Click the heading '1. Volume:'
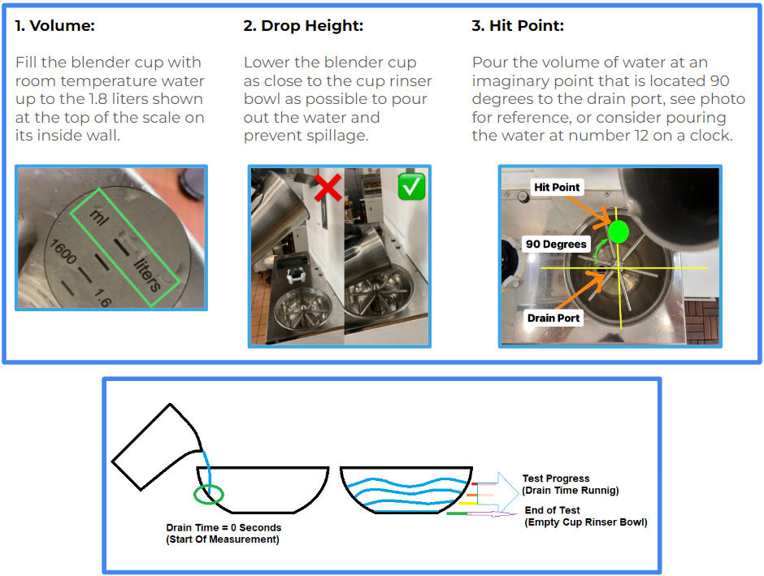(x=55, y=25)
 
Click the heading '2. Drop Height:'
(x=303, y=25)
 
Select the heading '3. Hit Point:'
(x=518, y=25)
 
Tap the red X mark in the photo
(x=328, y=188)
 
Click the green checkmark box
(x=411, y=187)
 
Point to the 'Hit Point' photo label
(x=557, y=187)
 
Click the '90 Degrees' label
(x=556, y=244)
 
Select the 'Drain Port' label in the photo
(x=553, y=318)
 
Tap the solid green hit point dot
(x=619, y=232)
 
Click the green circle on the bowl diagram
(x=208, y=493)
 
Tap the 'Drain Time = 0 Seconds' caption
(x=222, y=527)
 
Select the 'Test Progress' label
(x=556, y=479)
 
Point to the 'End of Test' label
(x=552, y=510)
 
